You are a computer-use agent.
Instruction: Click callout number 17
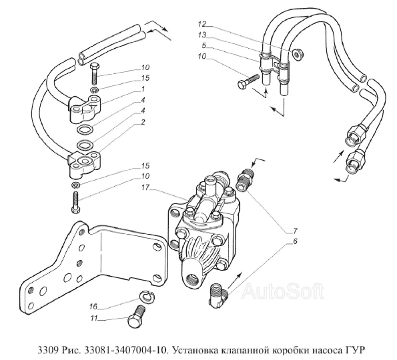(x=146, y=187)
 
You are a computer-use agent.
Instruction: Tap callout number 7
(x=295, y=231)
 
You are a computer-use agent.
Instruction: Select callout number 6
(x=295, y=241)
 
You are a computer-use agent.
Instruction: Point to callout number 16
(x=93, y=307)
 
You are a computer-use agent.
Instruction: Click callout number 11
(x=94, y=318)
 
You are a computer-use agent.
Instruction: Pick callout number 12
(x=202, y=24)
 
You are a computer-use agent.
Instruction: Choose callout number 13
(x=202, y=35)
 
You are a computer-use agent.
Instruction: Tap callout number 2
(x=143, y=122)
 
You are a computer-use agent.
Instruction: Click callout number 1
(x=143, y=89)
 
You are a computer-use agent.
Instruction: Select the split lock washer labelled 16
(x=147, y=296)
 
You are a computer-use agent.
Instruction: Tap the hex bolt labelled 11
(x=136, y=317)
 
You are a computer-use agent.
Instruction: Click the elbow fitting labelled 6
(x=218, y=295)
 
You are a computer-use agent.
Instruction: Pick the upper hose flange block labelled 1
(x=85, y=107)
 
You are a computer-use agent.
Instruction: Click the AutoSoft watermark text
(x=283, y=291)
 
